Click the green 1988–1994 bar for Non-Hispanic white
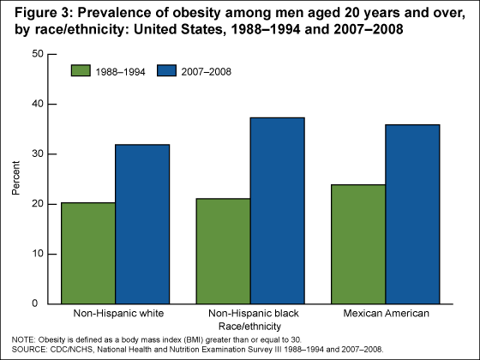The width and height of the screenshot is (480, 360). coord(87,253)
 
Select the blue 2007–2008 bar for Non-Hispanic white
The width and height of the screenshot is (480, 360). coord(142,224)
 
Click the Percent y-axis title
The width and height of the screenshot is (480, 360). coord(15,179)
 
